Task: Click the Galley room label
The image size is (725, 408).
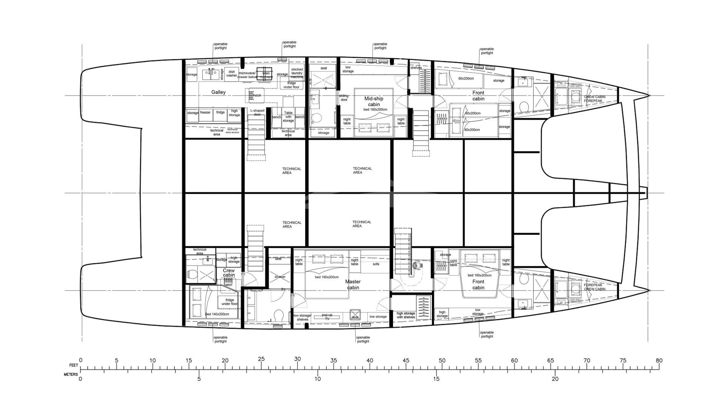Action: pos(218,92)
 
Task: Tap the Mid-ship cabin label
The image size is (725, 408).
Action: pos(373,102)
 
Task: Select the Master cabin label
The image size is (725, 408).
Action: pos(353,284)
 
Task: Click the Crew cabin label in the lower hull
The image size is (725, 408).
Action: pos(228,273)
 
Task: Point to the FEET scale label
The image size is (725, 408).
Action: pos(74,365)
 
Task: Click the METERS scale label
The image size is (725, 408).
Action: pos(71,374)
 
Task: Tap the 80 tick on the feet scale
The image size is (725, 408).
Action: pos(659,360)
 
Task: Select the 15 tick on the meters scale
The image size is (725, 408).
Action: pos(436,379)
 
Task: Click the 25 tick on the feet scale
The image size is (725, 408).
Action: pos(261,359)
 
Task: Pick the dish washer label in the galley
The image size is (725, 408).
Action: pos(231,73)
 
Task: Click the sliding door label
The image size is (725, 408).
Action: pos(344,97)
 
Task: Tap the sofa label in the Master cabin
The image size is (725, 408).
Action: pos(376,264)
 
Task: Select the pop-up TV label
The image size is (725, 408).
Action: pos(327,317)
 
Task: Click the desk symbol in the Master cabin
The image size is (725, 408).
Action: pos(355,315)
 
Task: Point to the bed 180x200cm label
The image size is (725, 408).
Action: pos(327,277)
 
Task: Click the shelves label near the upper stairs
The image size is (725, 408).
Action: pos(416,68)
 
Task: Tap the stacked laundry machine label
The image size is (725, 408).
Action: pos(297,73)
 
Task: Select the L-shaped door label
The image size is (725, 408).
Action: pos(257,112)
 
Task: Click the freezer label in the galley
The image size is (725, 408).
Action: pos(205,112)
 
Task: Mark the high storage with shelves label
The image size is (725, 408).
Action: pos(406,315)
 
